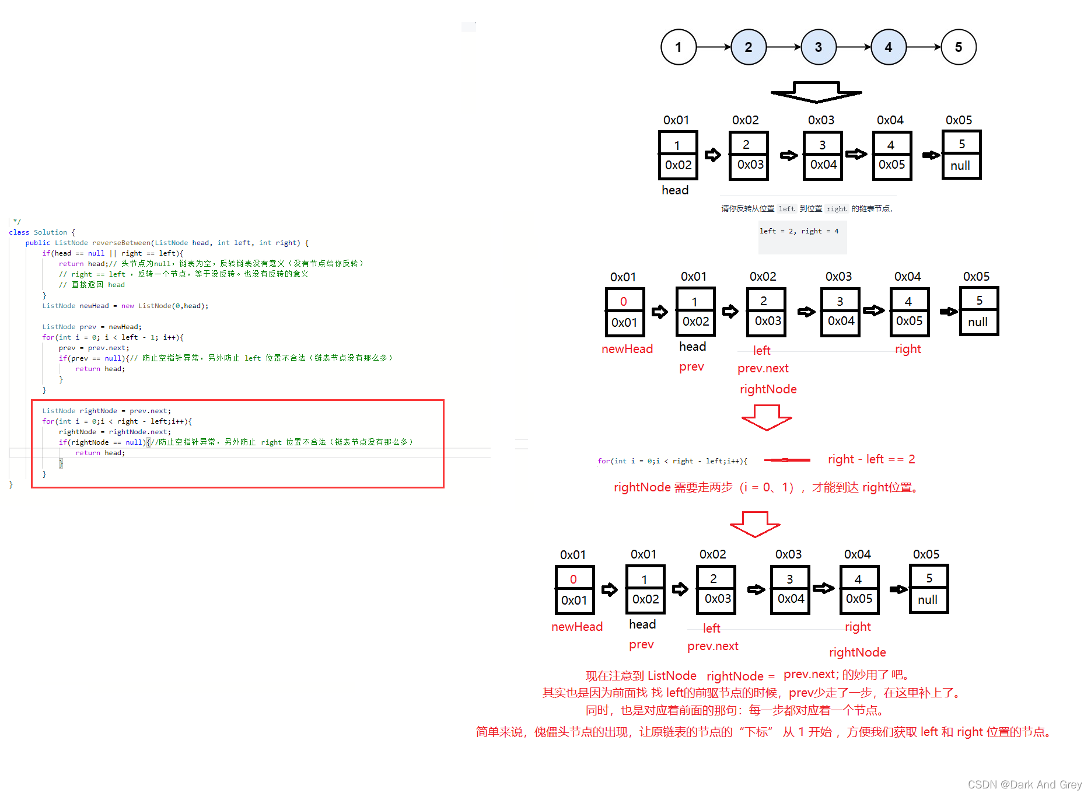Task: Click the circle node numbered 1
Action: (678, 47)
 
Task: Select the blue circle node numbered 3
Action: (818, 47)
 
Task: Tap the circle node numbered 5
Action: (958, 47)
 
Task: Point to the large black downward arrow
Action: (816, 92)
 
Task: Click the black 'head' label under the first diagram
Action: (675, 190)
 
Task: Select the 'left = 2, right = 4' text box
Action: (799, 232)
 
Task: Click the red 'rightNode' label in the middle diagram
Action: (768, 389)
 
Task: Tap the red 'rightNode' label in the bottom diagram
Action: (857, 652)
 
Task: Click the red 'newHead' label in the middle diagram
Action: (627, 349)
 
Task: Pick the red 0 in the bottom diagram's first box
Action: (574, 579)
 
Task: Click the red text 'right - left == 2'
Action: (871, 459)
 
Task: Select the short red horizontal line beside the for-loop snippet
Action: (787, 460)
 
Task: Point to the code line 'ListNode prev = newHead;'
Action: (92, 327)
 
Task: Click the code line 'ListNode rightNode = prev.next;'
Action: (106, 411)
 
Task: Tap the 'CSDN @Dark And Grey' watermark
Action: (1024, 785)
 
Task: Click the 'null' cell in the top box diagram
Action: (960, 166)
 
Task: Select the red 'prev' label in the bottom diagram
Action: (641, 645)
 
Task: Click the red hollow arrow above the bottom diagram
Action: (755, 524)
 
